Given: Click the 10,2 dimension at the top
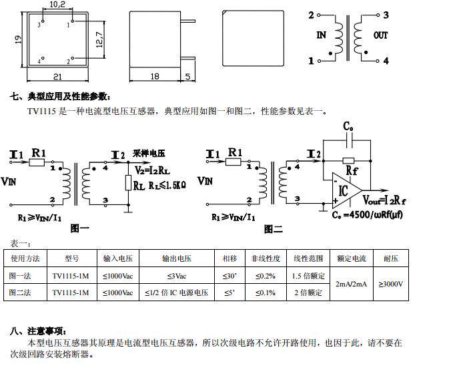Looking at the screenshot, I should (57, 5).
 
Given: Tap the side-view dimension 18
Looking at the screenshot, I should (155, 77).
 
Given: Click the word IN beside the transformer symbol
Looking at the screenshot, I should (322, 35).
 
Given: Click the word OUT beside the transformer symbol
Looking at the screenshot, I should (381, 35).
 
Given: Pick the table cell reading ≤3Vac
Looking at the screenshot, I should (177, 275).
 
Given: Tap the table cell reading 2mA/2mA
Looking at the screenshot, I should (351, 284).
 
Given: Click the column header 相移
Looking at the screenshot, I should (229, 258).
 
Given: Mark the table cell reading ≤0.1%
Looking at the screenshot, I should (265, 293).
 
